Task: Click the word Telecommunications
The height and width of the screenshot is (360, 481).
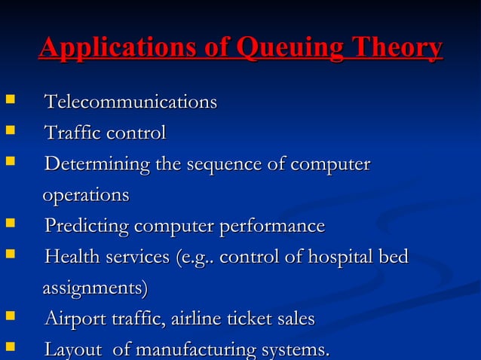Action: (x=130, y=102)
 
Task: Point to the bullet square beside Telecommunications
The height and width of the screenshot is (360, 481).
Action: (x=9, y=100)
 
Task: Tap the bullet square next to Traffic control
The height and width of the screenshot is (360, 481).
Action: (x=9, y=132)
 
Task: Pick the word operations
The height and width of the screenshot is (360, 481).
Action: (x=85, y=195)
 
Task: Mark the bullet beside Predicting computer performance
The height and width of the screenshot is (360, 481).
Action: (x=9, y=224)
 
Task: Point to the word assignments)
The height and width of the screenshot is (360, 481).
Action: (x=95, y=288)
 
